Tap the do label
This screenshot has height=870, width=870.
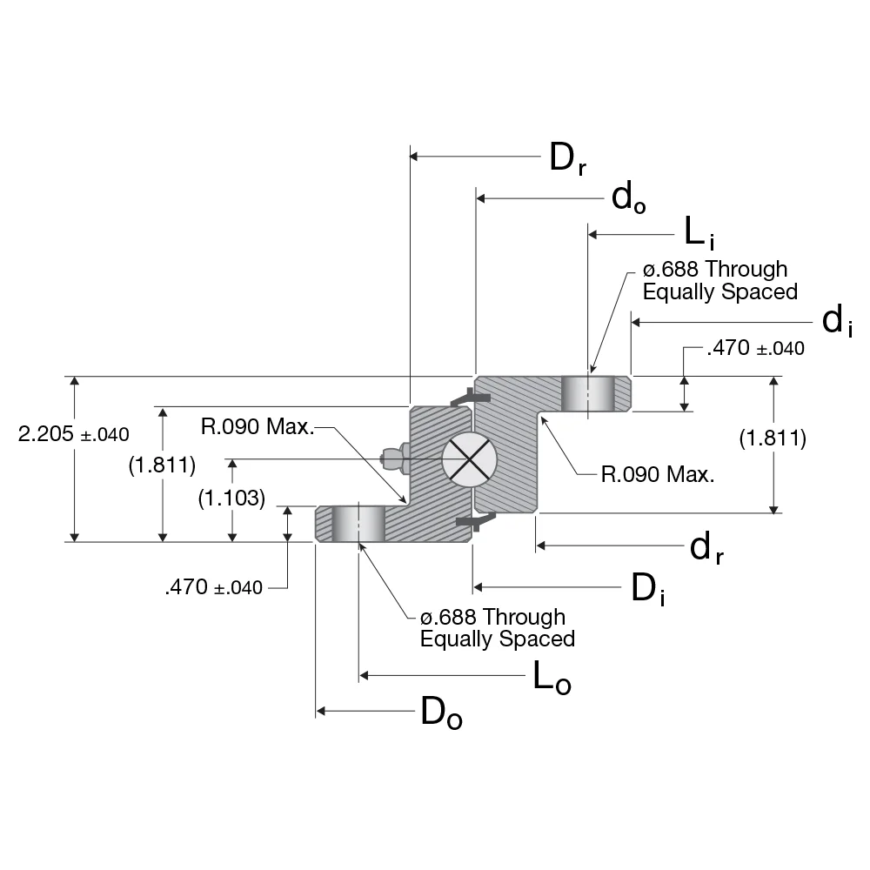pyautogui.click(x=628, y=198)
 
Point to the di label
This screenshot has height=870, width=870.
pyautogui.click(x=836, y=322)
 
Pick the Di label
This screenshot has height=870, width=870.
pyautogui.click(x=649, y=591)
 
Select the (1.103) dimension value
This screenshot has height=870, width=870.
pyautogui.click(x=231, y=497)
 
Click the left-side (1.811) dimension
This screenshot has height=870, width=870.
pyautogui.click(x=162, y=465)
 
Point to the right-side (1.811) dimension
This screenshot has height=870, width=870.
pyautogui.click(x=773, y=438)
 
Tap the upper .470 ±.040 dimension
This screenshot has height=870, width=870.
pyautogui.click(x=755, y=349)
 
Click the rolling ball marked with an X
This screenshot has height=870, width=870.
pyautogui.click(x=468, y=458)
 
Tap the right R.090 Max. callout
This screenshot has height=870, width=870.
pyautogui.click(x=658, y=475)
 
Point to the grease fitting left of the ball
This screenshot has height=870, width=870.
pyautogui.click(x=394, y=456)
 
